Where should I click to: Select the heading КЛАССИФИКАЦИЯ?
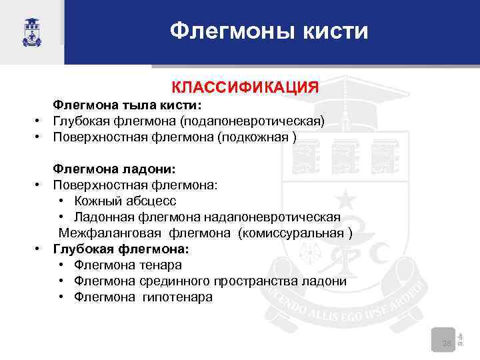tap(245, 87)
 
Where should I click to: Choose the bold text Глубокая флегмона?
tap(121, 249)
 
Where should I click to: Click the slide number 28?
tap(446, 343)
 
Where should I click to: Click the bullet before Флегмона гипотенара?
tap(61, 297)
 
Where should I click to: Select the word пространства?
tap(265, 281)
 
